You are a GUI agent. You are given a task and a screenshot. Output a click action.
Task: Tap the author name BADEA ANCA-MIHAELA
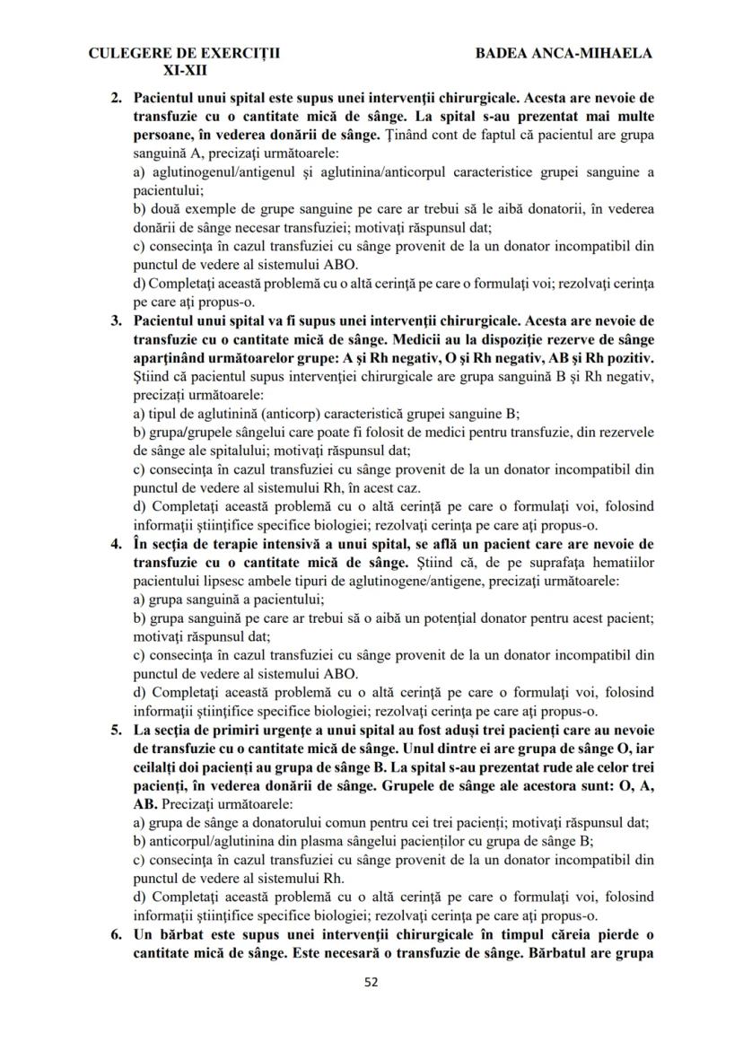564,53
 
